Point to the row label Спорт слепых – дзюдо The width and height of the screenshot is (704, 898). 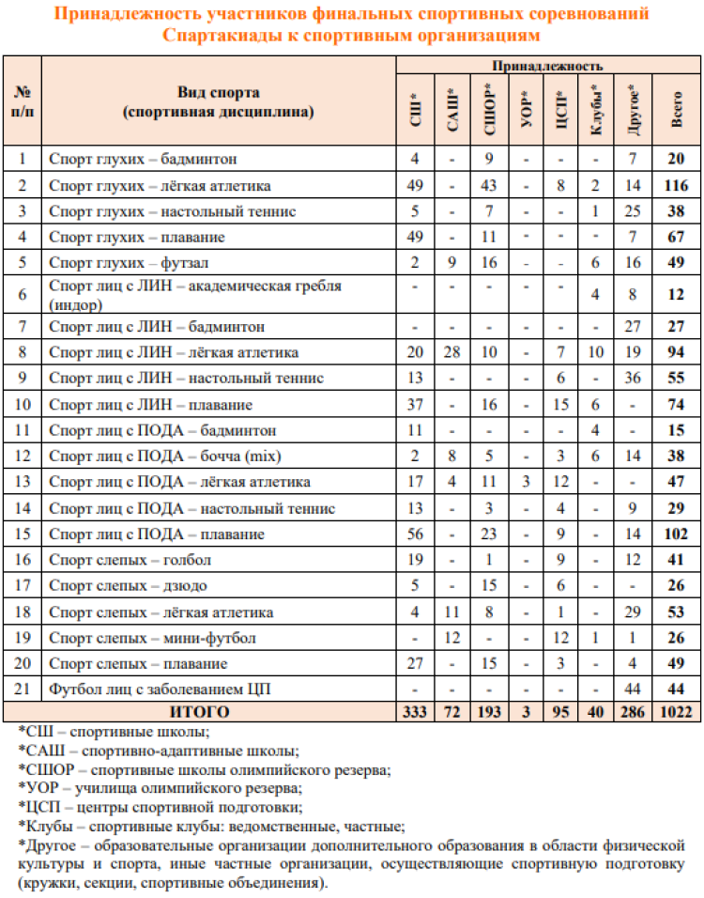[128, 585]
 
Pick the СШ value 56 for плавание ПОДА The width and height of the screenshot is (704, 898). [414, 534]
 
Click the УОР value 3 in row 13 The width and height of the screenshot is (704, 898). [526, 483]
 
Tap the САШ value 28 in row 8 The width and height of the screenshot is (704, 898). [451, 352]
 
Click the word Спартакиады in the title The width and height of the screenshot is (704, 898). [218, 36]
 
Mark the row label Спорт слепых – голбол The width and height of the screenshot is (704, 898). [130, 561]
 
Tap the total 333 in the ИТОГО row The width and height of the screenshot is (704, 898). [414, 713]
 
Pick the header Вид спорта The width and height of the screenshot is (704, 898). [218, 93]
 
